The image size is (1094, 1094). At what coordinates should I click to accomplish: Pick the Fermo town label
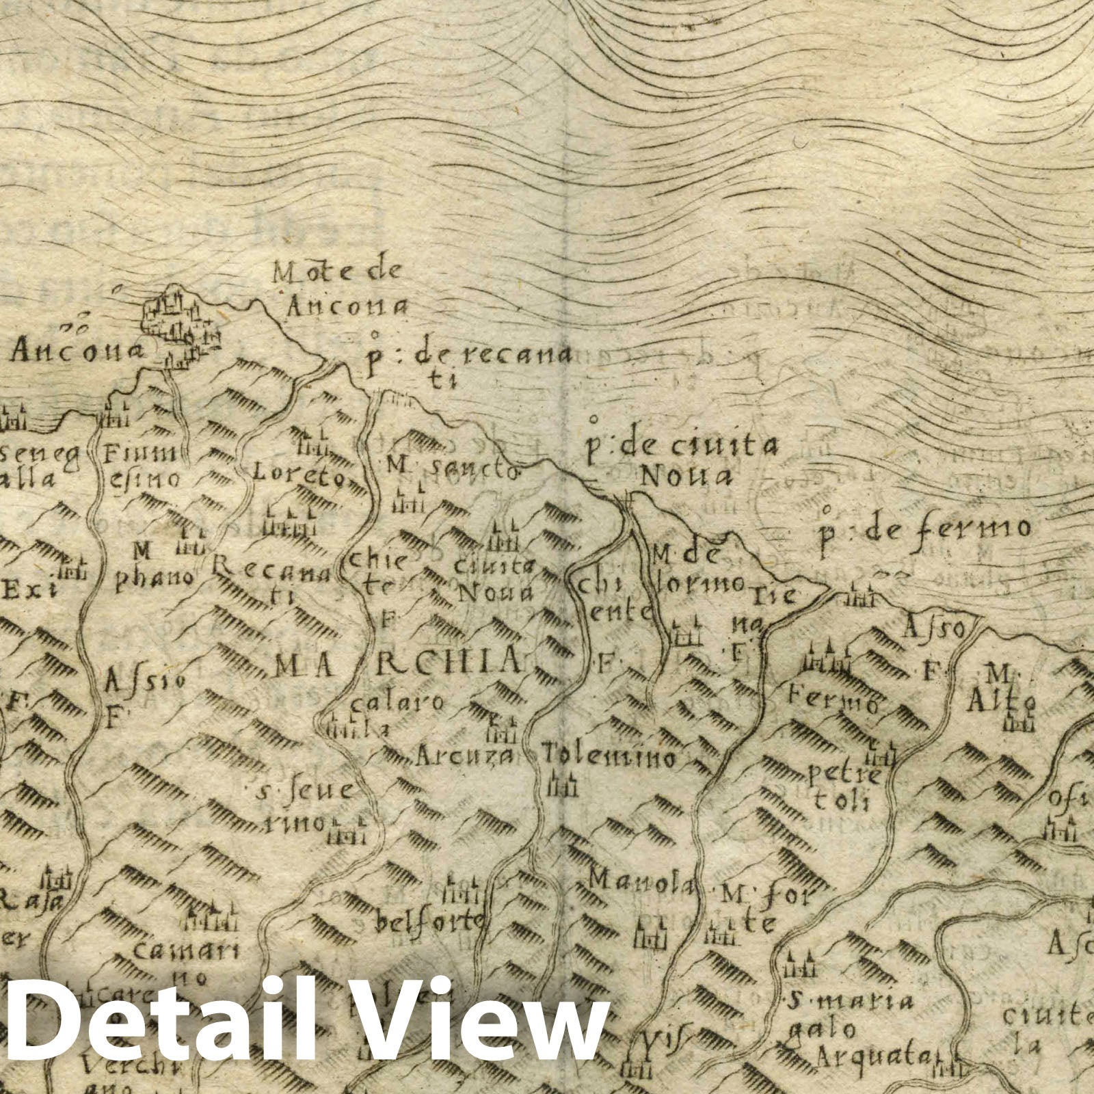click(833, 699)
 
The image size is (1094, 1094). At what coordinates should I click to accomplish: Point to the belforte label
click(429, 923)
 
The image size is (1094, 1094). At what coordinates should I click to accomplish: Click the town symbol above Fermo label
click(828, 658)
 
